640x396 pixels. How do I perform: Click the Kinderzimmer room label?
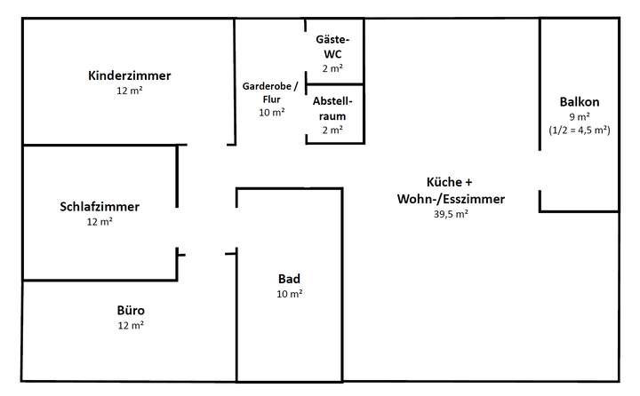click(x=130, y=75)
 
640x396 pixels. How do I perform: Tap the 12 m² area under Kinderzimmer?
click(x=130, y=91)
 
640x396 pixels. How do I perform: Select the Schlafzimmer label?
click(x=100, y=206)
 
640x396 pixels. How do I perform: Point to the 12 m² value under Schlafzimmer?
click(x=100, y=221)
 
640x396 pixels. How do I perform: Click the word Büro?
click(x=130, y=311)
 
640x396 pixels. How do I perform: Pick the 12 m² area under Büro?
click(x=130, y=326)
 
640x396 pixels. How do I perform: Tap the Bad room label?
click(x=290, y=278)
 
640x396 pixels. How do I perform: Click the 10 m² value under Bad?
click(x=290, y=293)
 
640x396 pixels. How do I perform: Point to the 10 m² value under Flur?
click(x=271, y=113)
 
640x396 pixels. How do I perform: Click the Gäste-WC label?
click(x=333, y=47)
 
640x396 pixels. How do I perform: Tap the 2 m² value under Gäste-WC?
click(x=333, y=67)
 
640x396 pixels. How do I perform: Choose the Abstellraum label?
click(x=333, y=108)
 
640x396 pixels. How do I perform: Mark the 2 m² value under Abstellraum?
click(x=333, y=130)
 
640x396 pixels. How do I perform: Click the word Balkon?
click(x=580, y=102)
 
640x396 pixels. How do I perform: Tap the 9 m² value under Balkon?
click(x=580, y=116)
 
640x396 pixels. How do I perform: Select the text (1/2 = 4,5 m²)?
click(x=580, y=130)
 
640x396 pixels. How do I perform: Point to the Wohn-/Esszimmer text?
click(x=451, y=199)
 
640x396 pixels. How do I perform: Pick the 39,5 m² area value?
click(x=451, y=214)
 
